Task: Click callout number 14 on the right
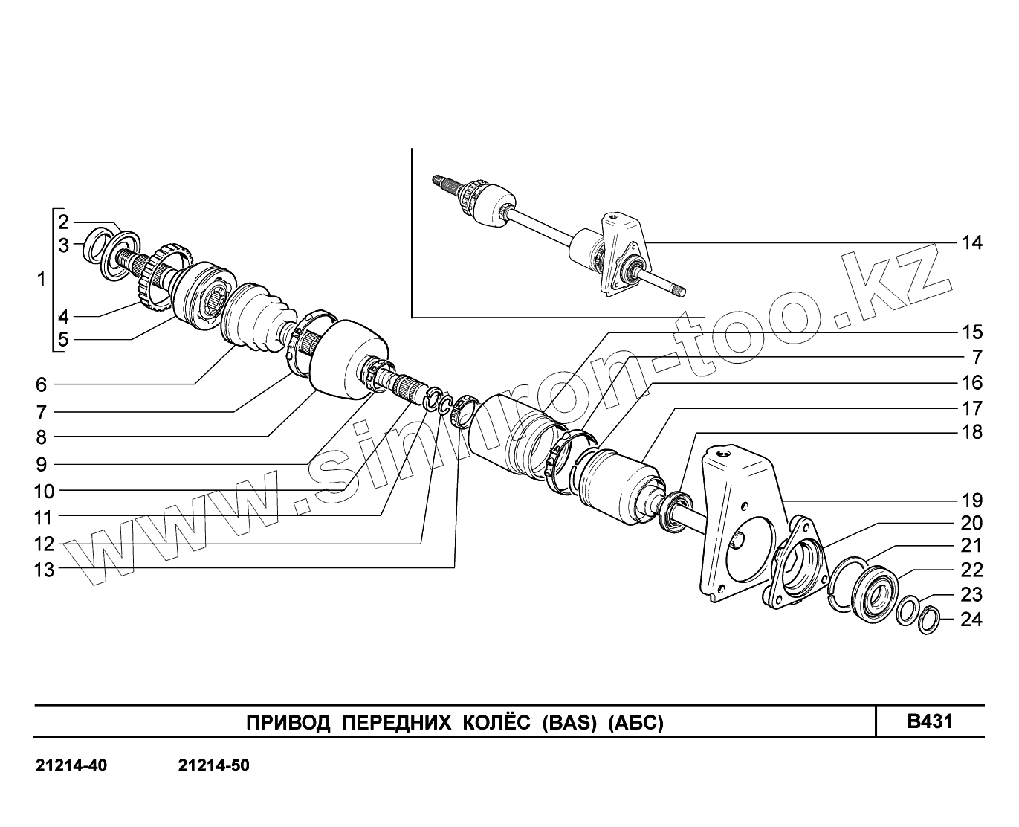coord(971,242)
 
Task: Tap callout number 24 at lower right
coord(971,619)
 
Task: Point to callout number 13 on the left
coord(45,570)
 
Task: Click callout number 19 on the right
coord(971,500)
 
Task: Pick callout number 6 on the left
coord(41,384)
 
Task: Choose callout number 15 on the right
coord(971,332)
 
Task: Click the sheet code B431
coord(930,721)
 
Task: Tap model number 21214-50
coord(214,766)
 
